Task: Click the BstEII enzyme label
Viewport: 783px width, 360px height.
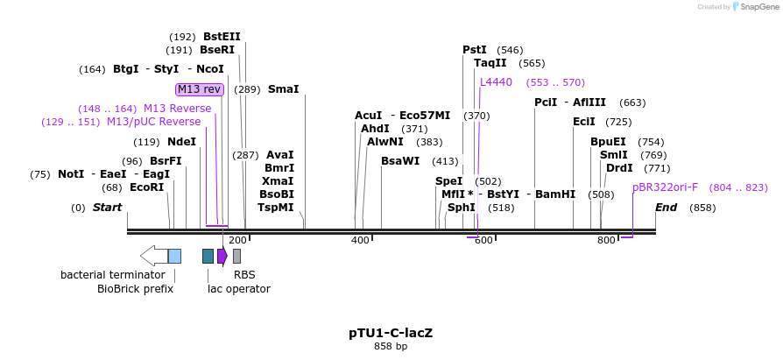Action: coord(222,37)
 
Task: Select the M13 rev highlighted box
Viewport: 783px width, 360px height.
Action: coord(200,89)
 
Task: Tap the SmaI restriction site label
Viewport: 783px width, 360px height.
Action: coord(283,89)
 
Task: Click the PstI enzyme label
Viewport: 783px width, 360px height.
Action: coord(475,50)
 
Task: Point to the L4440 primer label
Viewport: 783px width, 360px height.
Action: coord(496,82)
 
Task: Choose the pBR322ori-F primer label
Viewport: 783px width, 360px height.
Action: coord(665,187)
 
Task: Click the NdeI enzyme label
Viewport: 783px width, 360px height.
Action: coord(181,142)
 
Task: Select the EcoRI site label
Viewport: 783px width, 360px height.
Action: coord(146,187)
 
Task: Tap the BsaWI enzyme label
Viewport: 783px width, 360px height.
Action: coord(400,160)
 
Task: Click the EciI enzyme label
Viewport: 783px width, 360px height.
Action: coord(583,122)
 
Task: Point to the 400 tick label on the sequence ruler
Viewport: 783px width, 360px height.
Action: coord(360,240)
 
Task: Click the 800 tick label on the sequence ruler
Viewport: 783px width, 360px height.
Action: coord(606,240)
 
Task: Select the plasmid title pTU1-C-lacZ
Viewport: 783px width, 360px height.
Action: coord(391,333)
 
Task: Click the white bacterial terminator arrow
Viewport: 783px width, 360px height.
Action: coord(153,256)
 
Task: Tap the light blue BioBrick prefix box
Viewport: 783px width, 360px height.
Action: coord(174,256)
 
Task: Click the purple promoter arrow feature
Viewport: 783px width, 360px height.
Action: coord(222,256)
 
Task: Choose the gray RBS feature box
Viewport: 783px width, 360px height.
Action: coord(236,256)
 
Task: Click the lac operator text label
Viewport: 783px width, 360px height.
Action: coord(238,288)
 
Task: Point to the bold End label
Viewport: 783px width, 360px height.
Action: coord(667,208)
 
